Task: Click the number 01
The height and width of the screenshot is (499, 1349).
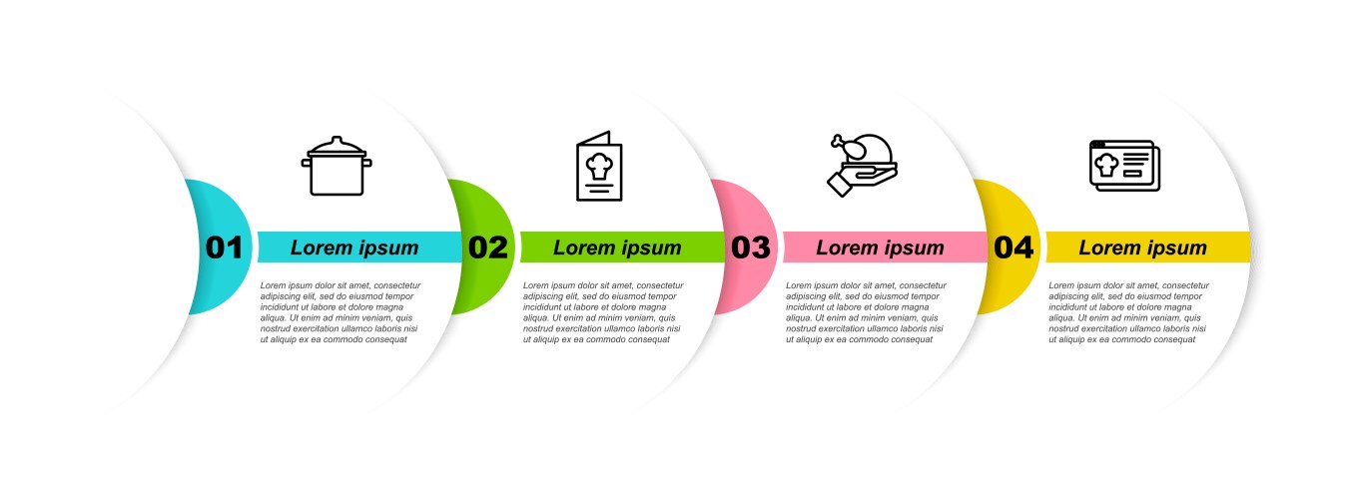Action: click(x=224, y=248)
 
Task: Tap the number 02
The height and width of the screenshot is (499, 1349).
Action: click(x=488, y=248)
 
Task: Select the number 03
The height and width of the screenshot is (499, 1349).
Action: click(x=750, y=248)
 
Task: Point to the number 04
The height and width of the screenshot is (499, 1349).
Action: click(x=1013, y=248)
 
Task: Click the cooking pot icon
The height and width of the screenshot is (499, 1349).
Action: click(x=337, y=166)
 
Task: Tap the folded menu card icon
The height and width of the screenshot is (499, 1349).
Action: click(x=599, y=166)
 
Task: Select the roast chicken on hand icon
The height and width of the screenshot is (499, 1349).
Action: click(x=862, y=165)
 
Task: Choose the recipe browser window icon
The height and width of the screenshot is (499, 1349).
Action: click(x=1125, y=166)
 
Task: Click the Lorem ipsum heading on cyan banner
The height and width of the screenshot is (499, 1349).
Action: click(x=354, y=248)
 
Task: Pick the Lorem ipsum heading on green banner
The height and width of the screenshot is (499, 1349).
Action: click(x=617, y=248)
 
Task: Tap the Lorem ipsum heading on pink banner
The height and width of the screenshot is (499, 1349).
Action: click(x=880, y=248)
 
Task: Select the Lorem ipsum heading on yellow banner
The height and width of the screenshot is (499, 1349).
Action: click(x=1142, y=248)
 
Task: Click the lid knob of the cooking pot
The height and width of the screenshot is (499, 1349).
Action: click(x=337, y=140)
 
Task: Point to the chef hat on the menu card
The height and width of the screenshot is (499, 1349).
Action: click(x=599, y=166)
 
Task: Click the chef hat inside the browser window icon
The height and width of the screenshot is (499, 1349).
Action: click(x=1106, y=165)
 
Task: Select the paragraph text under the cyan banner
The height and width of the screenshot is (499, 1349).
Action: click(x=340, y=312)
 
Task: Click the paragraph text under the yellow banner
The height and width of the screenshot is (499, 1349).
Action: click(x=1128, y=312)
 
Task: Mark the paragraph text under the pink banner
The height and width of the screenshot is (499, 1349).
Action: click(x=866, y=312)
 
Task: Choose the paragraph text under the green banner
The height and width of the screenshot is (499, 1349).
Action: click(x=603, y=312)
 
